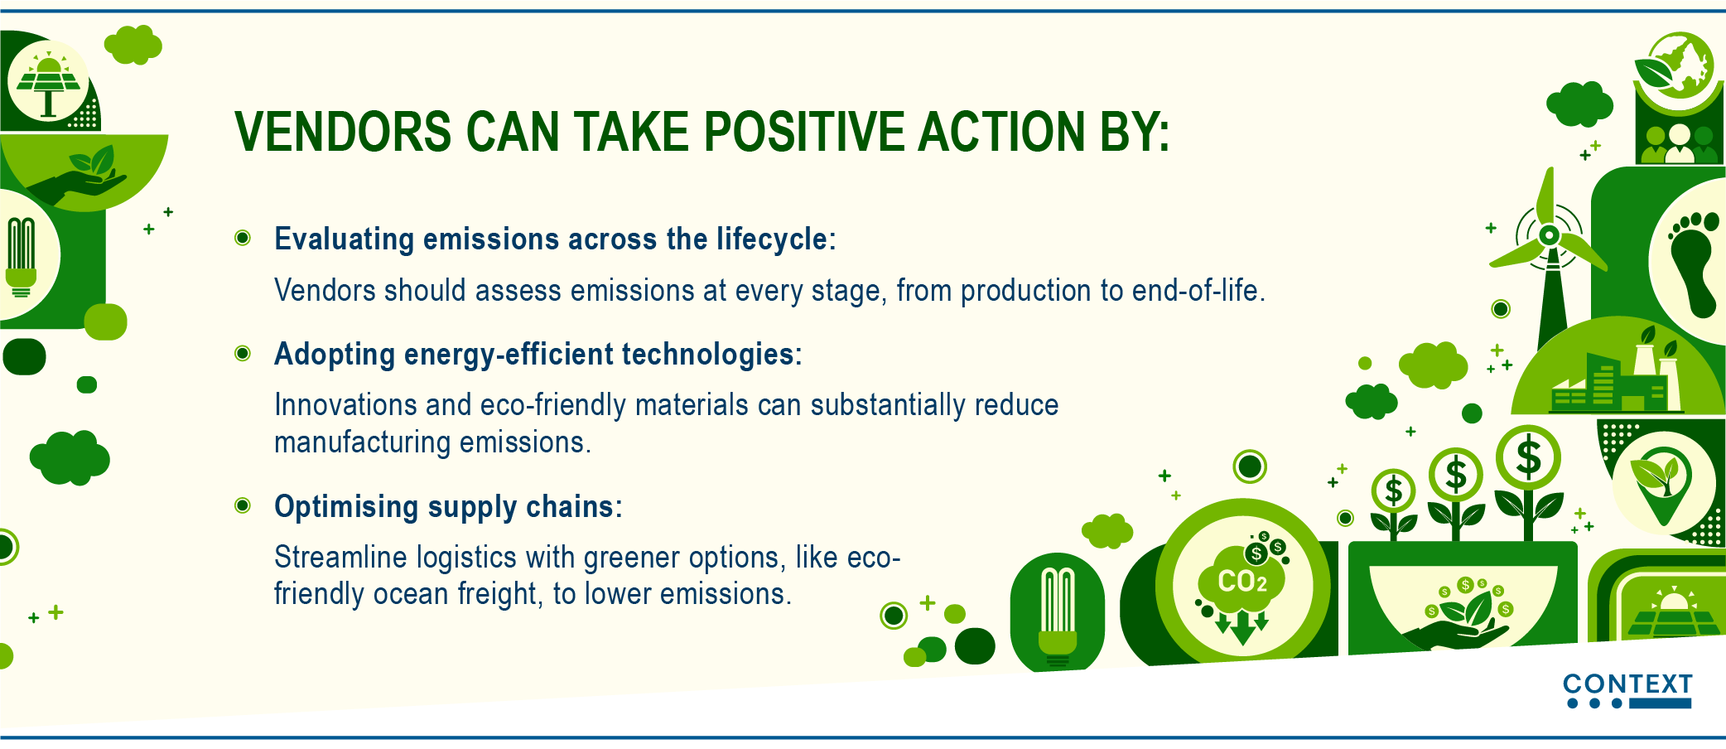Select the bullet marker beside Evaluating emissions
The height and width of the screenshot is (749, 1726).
pos(243,239)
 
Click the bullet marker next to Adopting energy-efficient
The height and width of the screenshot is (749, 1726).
pos(243,354)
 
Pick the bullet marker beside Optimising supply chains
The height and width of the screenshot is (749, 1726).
pos(243,505)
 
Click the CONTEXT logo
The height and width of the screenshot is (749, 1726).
pos(1627,691)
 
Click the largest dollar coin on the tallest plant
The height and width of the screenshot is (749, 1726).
pos(1528,457)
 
